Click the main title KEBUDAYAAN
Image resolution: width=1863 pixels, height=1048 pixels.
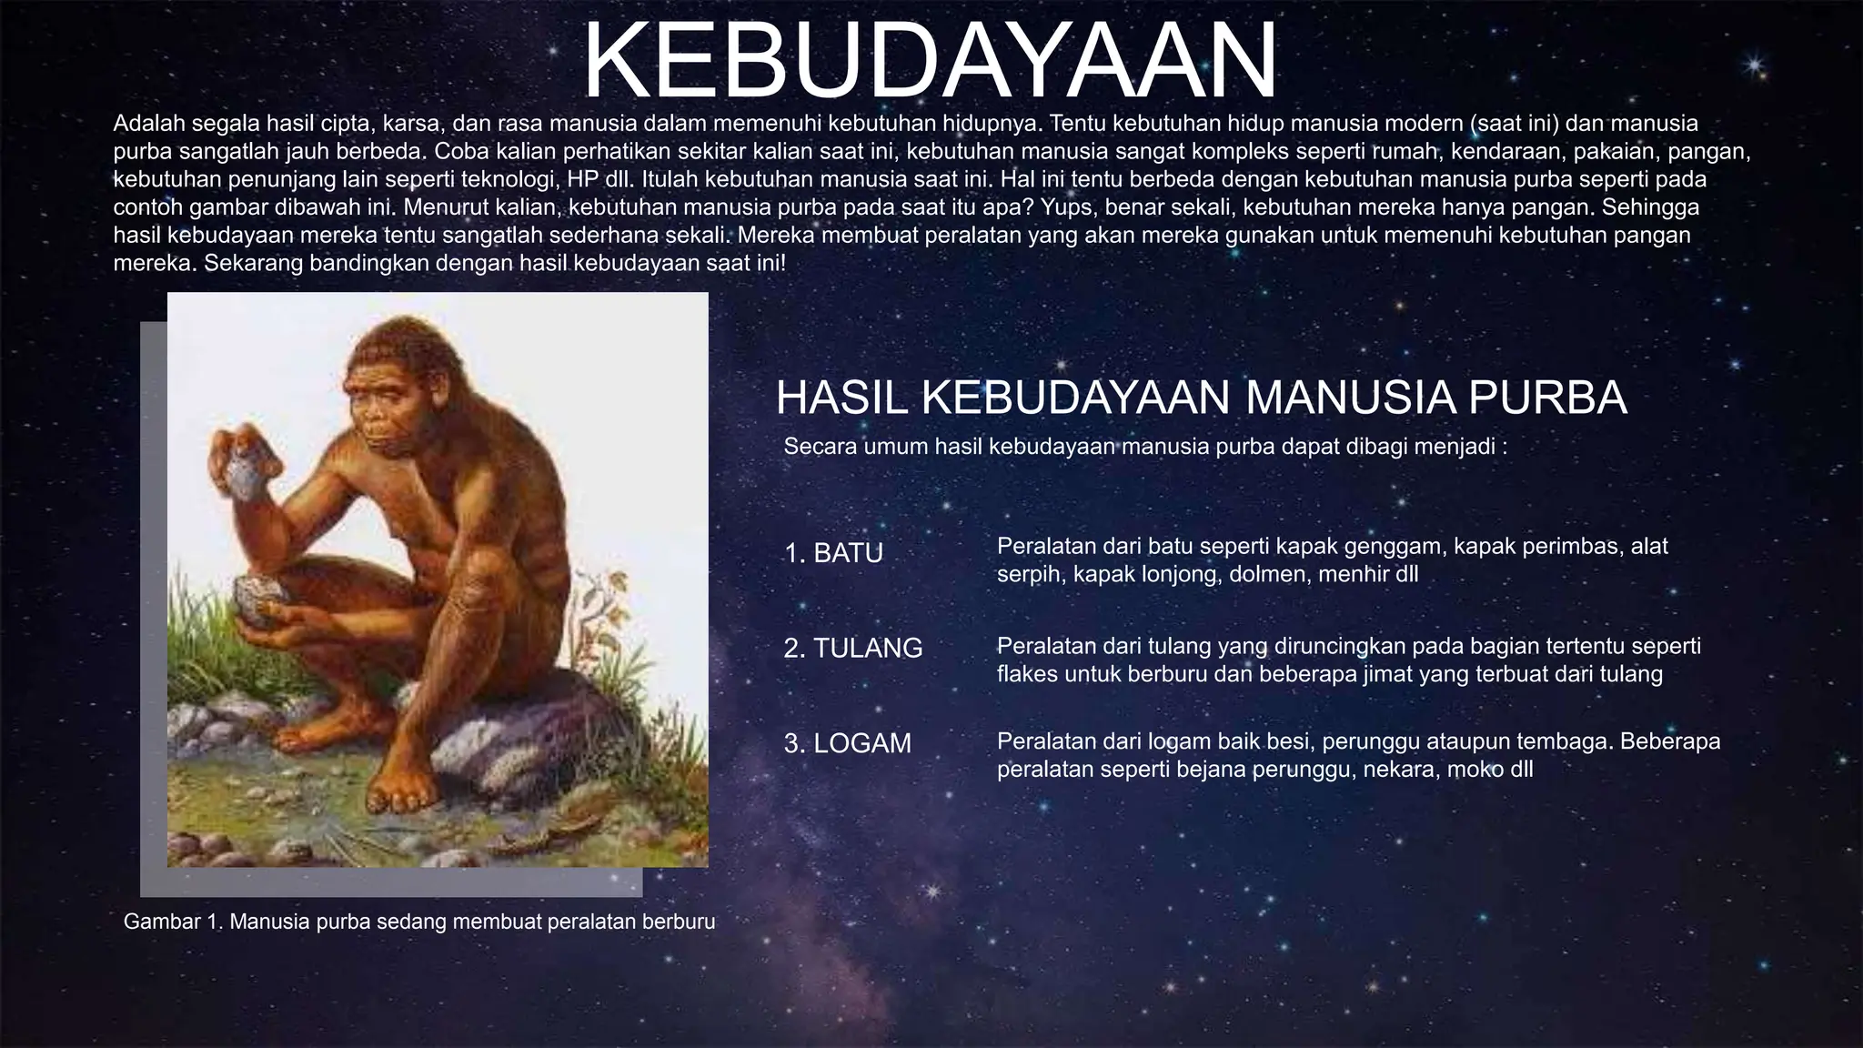(x=930, y=60)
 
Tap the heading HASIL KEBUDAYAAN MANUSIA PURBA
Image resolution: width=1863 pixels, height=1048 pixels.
(x=1201, y=398)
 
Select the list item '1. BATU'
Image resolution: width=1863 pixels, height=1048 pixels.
(x=833, y=553)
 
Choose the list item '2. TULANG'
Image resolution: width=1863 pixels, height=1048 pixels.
(x=853, y=648)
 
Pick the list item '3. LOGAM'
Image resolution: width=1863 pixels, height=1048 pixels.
(x=848, y=743)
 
